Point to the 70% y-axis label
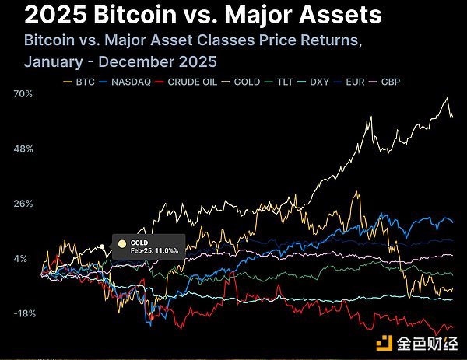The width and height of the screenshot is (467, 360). coord(22,94)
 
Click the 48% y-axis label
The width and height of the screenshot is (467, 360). coord(22,149)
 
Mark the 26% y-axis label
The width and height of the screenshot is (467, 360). coord(22,204)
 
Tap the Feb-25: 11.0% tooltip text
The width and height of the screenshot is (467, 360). coord(154,251)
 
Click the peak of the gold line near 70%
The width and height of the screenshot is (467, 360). coord(447,99)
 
